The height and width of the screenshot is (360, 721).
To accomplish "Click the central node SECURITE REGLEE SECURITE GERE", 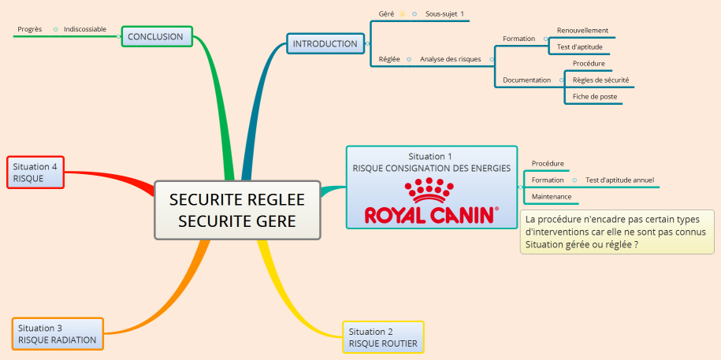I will [237, 210].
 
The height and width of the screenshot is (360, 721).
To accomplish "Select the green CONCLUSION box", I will [156, 36].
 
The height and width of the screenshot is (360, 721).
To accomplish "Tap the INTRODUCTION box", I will [325, 44].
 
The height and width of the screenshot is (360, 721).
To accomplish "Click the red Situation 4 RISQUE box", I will [36, 173].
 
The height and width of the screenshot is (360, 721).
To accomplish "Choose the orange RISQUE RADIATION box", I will [58, 334].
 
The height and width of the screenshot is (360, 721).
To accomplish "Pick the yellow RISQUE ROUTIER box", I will [383, 337].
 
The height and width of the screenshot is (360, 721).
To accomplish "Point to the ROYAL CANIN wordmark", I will [431, 214].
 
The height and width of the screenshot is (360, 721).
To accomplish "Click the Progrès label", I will [30, 29].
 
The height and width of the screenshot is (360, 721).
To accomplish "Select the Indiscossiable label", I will [85, 29].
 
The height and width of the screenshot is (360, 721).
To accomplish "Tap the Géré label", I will [386, 14].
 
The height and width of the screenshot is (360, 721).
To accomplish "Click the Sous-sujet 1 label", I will [444, 14].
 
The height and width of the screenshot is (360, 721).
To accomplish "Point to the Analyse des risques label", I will [450, 59].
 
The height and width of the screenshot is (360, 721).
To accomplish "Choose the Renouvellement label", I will [582, 31].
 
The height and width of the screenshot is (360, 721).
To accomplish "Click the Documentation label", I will [526, 80].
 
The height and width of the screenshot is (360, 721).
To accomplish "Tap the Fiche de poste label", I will [595, 97].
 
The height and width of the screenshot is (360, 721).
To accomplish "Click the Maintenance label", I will [552, 196].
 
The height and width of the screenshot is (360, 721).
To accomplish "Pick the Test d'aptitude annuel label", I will [620, 180].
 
